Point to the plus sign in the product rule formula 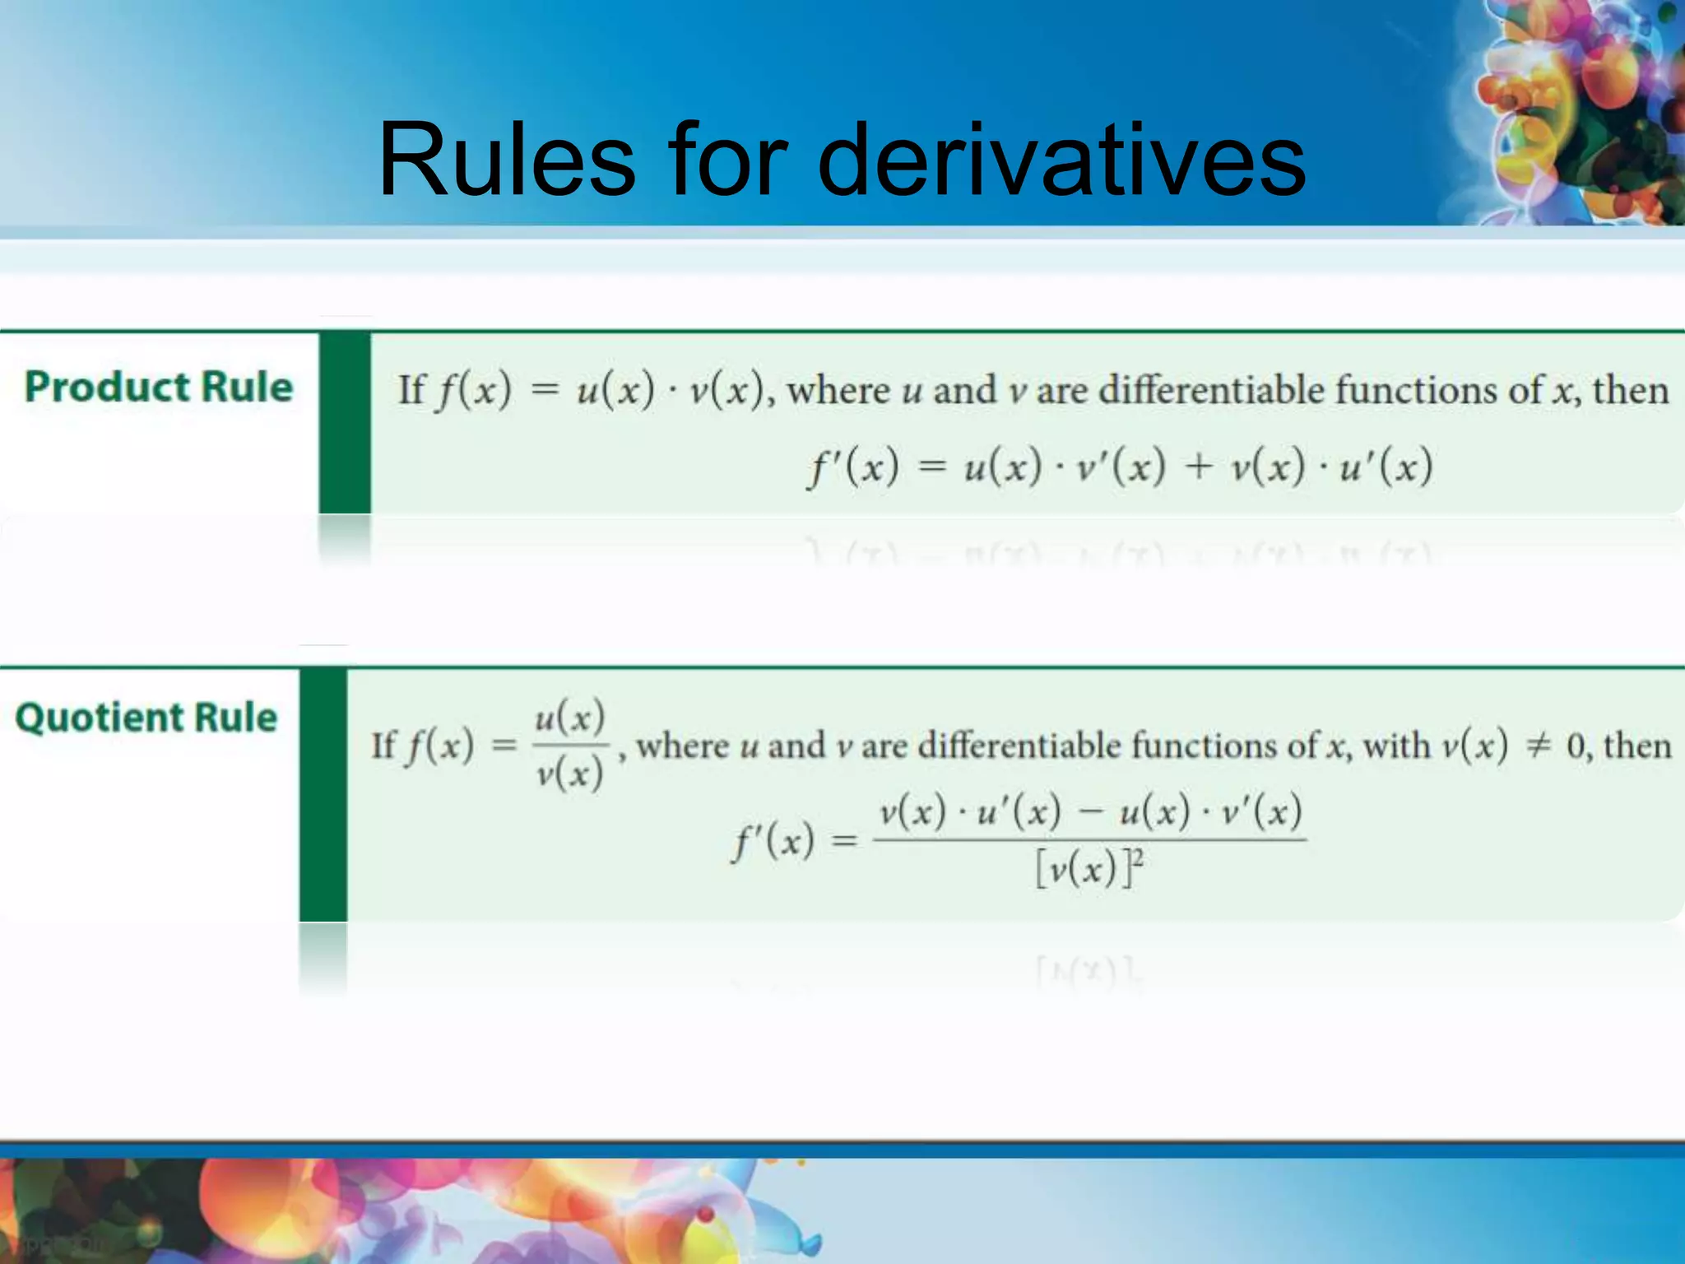(1199, 467)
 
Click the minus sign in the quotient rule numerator (1090, 813)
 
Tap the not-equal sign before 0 (1537, 746)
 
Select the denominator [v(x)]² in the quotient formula (1089, 867)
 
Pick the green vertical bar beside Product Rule (345, 423)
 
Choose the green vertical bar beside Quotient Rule (323, 795)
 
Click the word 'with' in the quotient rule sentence (1396, 746)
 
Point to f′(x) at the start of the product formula (852, 467)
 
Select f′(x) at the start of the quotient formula (773, 841)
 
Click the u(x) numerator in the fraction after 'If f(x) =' (570, 718)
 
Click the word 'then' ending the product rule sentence (1631, 389)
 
